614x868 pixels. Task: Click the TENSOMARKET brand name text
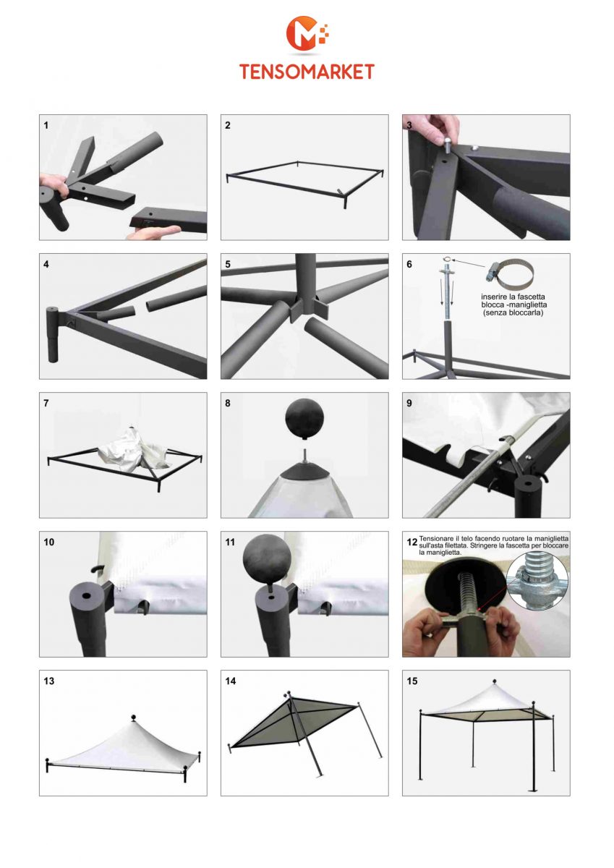[x=307, y=72]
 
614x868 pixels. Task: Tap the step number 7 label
[x=46, y=404]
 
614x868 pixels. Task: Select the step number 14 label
[x=231, y=681]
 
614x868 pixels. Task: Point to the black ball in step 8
[x=304, y=419]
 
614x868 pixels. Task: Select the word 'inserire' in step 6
[x=496, y=297]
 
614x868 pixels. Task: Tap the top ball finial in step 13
[x=134, y=717]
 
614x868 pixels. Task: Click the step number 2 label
[x=227, y=126]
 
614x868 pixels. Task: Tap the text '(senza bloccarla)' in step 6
[x=513, y=312]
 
